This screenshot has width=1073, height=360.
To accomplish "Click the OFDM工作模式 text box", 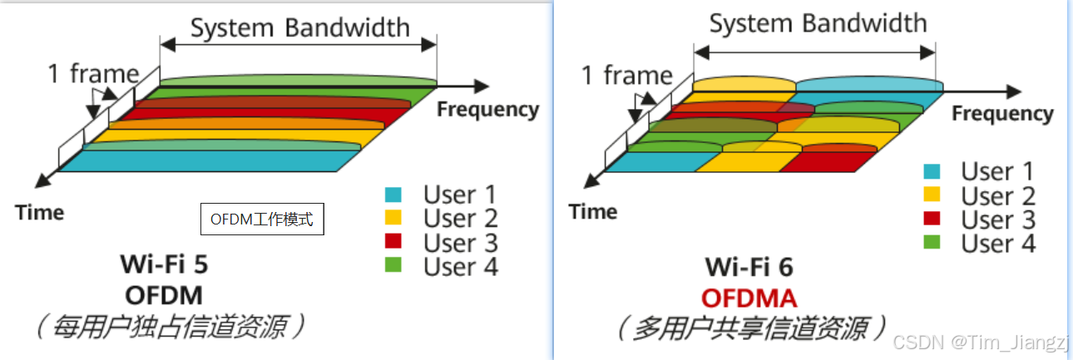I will tap(261, 220).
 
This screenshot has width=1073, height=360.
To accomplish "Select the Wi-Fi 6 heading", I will tap(749, 267).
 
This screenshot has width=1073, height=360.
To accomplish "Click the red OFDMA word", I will tap(749, 297).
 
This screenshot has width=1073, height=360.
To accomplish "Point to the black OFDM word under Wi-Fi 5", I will tap(164, 295).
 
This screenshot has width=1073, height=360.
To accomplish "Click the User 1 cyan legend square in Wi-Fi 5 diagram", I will tap(393, 195).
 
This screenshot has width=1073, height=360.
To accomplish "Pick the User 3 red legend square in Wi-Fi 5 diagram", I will tap(393, 242).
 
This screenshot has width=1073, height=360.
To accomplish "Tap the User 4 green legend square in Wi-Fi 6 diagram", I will tap(932, 244).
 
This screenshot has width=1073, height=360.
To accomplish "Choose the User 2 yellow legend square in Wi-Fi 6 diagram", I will tap(932, 196).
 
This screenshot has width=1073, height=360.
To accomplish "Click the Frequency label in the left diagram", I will tap(488, 109).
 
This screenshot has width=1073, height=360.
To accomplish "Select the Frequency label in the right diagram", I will tap(1002, 113).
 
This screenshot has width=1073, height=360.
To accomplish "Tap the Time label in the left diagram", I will tap(39, 213).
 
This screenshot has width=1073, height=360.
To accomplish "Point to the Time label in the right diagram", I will tap(593, 212).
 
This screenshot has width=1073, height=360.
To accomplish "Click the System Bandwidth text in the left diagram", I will tap(300, 27).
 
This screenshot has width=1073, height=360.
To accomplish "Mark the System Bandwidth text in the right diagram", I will tap(818, 23).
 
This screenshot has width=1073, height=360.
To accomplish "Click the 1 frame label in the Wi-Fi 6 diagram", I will tap(626, 76).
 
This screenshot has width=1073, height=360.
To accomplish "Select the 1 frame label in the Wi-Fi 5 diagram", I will tap(92, 74).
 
